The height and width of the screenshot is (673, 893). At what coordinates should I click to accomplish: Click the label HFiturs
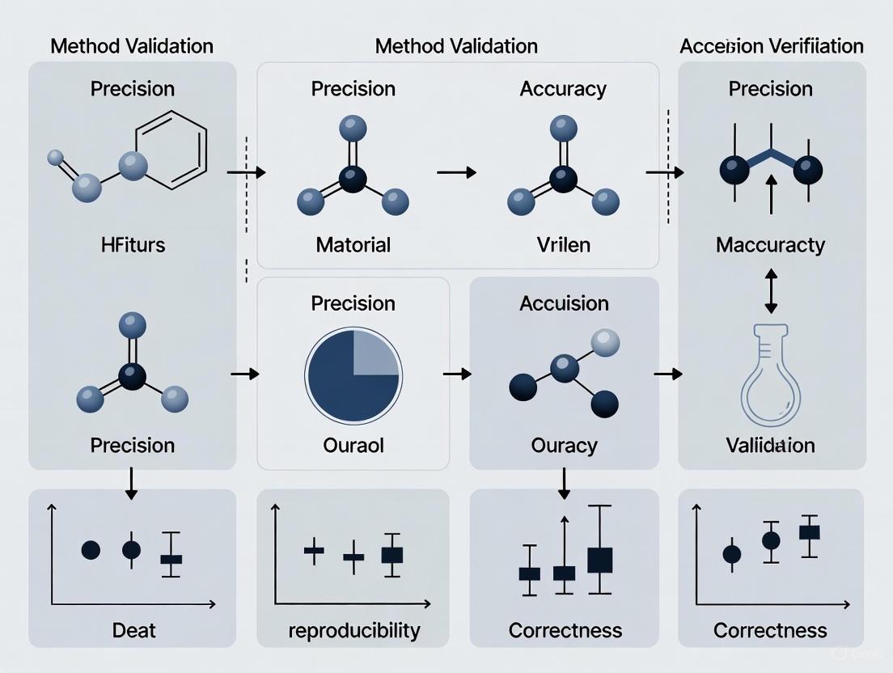pyautogui.click(x=133, y=243)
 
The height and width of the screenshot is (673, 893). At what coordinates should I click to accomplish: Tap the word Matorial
pyautogui.click(x=353, y=243)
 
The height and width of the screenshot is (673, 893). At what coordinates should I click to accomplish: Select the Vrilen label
pyautogui.click(x=563, y=243)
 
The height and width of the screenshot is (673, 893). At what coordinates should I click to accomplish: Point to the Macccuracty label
pyautogui.click(x=770, y=243)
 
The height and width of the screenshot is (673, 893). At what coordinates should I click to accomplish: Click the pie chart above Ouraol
pyautogui.click(x=353, y=375)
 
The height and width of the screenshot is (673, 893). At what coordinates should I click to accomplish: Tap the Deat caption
pyautogui.click(x=134, y=629)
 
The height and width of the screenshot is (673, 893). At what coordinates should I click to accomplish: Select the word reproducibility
pyautogui.click(x=354, y=629)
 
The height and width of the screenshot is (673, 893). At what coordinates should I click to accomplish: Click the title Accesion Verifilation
pyautogui.click(x=772, y=45)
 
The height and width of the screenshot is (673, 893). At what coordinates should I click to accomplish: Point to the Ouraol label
pyautogui.click(x=353, y=444)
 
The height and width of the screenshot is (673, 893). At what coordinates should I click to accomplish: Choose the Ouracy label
pyautogui.click(x=564, y=444)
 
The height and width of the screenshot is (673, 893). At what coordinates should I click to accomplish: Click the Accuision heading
pyautogui.click(x=564, y=303)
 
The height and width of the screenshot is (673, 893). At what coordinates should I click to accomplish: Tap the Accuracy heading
pyautogui.click(x=563, y=88)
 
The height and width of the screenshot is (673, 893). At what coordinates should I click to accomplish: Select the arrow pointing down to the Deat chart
pyautogui.click(x=133, y=484)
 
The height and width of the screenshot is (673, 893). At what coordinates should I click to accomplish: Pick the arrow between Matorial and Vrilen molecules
pyautogui.click(x=457, y=172)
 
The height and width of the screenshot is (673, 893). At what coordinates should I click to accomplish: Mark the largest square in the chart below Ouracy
pyautogui.click(x=599, y=560)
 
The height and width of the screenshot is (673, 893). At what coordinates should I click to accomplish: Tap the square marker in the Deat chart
pyautogui.click(x=171, y=559)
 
